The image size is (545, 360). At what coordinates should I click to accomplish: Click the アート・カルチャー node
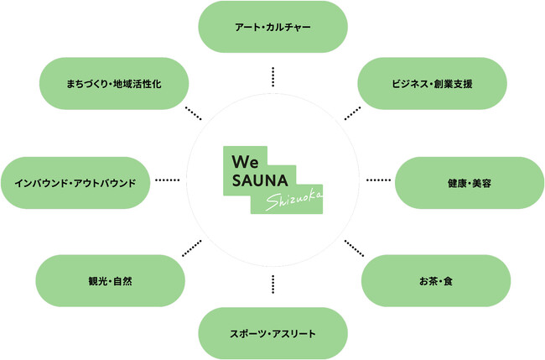pyautogui.click(x=272, y=27)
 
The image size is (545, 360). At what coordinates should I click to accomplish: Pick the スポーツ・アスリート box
pyautogui.click(x=272, y=334)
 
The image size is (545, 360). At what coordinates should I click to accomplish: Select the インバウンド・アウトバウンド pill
pyautogui.click(x=75, y=181)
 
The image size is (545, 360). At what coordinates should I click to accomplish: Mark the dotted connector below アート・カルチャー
pyautogui.click(x=273, y=76)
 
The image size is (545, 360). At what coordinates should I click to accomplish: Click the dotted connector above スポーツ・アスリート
pyautogui.click(x=273, y=284)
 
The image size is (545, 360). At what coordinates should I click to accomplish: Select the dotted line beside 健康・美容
pyautogui.click(x=378, y=180)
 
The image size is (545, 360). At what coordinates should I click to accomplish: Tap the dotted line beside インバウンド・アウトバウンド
pyautogui.click(x=168, y=180)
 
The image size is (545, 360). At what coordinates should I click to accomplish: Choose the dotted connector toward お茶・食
pyautogui.click(x=354, y=248)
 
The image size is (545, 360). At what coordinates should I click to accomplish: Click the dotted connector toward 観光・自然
pyautogui.click(x=192, y=248)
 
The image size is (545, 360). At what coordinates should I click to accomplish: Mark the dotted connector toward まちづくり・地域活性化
pyautogui.click(x=193, y=113)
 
